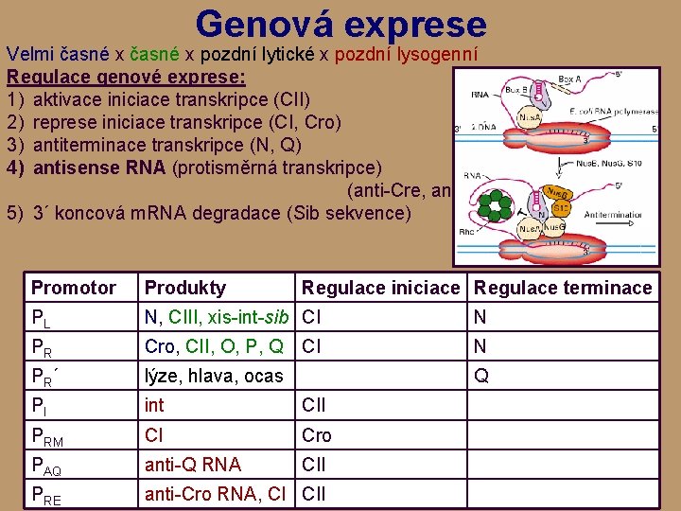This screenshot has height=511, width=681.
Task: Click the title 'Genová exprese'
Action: [x=340, y=24]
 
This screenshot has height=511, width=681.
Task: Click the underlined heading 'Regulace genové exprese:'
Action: [x=126, y=77]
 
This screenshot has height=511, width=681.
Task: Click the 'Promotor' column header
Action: [x=74, y=288]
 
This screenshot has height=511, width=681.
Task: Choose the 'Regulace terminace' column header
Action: [x=563, y=288]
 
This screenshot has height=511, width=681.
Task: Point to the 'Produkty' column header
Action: [x=184, y=288]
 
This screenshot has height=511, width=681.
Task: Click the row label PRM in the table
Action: [x=48, y=436]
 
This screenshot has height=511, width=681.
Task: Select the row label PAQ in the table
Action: [x=48, y=466]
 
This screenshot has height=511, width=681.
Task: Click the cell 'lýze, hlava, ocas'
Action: [x=213, y=376]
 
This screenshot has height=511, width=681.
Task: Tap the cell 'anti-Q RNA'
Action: [x=192, y=465]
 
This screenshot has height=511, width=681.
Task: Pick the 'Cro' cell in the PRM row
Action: [x=316, y=435]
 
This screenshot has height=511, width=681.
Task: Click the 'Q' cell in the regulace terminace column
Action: [x=481, y=376]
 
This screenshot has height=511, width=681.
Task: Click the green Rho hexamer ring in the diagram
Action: [x=492, y=207]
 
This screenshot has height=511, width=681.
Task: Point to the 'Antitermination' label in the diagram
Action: [x=614, y=215]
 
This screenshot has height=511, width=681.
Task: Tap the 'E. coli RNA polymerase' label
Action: [x=610, y=111]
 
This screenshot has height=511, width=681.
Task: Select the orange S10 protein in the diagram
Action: [x=560, y=208]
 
